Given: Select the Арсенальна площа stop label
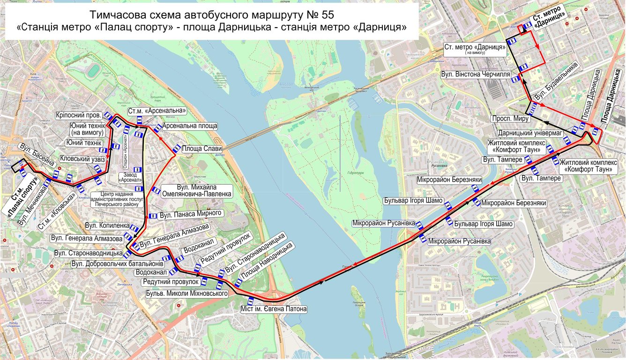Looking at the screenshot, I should (190, 126).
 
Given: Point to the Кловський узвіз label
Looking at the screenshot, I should (82, 159).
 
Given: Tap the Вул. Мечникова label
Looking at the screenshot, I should (34, 207).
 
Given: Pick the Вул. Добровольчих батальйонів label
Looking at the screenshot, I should (117, 263).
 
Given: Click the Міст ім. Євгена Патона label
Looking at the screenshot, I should (274, 309).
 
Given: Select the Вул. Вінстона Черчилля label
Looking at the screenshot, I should (475, 75).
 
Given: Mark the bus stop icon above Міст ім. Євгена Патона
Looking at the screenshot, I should (251, 300).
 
